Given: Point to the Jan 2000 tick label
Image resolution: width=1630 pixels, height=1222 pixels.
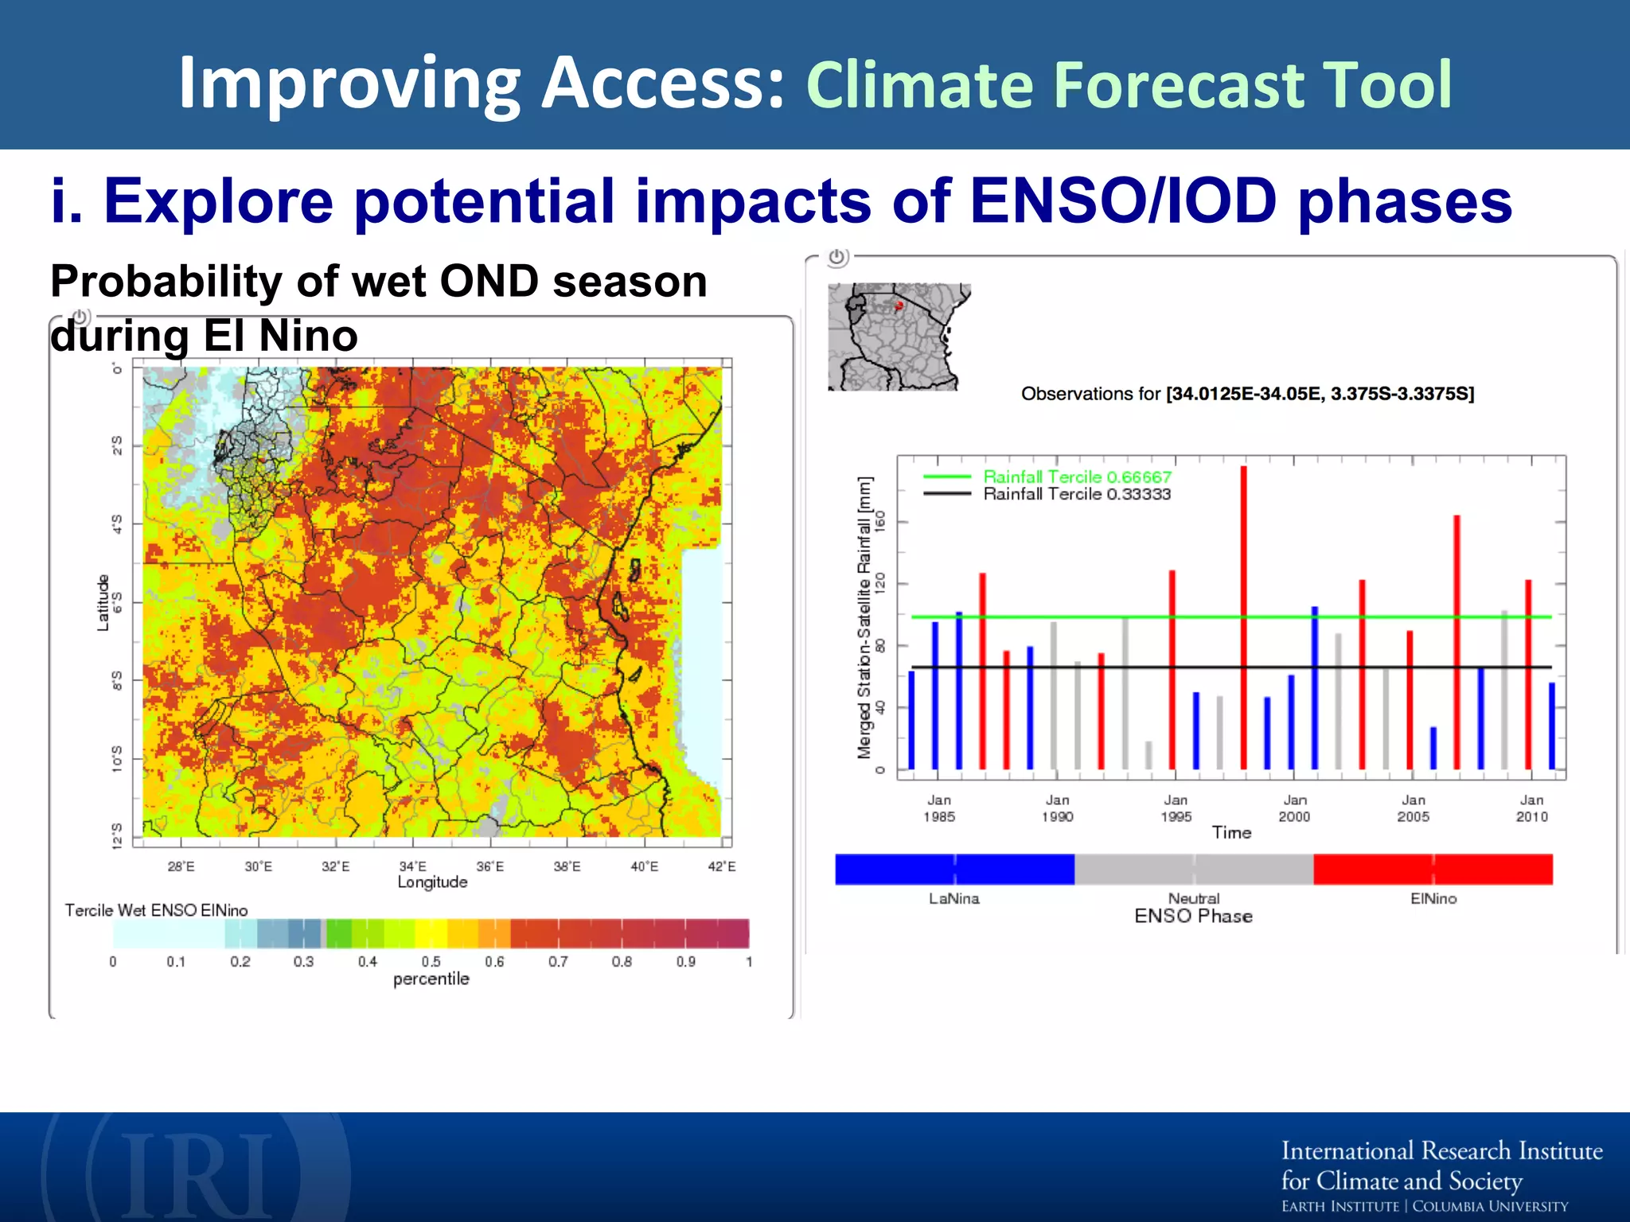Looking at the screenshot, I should (1294, 808).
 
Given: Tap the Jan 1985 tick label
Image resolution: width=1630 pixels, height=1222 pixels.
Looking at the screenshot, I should (939, 808).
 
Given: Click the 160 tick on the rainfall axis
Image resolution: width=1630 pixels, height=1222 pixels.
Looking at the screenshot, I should (879, 522).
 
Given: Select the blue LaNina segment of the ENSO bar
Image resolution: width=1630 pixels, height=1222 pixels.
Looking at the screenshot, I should (954, 869).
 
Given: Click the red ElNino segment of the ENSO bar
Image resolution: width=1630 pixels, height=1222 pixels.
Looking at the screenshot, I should (1433, 869).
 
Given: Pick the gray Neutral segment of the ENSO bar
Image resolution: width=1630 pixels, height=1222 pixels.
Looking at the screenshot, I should (1193, 869).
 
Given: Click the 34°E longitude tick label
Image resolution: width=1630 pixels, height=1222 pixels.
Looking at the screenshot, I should (412, 866).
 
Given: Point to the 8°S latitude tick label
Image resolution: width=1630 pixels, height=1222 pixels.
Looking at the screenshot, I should (117, 681).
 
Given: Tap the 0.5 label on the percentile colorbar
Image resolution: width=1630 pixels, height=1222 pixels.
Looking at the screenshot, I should (431, 962).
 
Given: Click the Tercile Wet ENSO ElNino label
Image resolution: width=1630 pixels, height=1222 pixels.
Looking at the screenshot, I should (156, 910).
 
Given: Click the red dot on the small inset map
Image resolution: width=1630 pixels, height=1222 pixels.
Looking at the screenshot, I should (899, 305).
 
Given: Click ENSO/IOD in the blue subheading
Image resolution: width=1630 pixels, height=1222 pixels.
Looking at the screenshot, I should (1123, 200).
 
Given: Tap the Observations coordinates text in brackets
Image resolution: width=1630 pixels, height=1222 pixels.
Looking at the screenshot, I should (1320, 394).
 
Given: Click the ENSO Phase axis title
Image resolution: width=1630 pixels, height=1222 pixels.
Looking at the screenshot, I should (1193, 916).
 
